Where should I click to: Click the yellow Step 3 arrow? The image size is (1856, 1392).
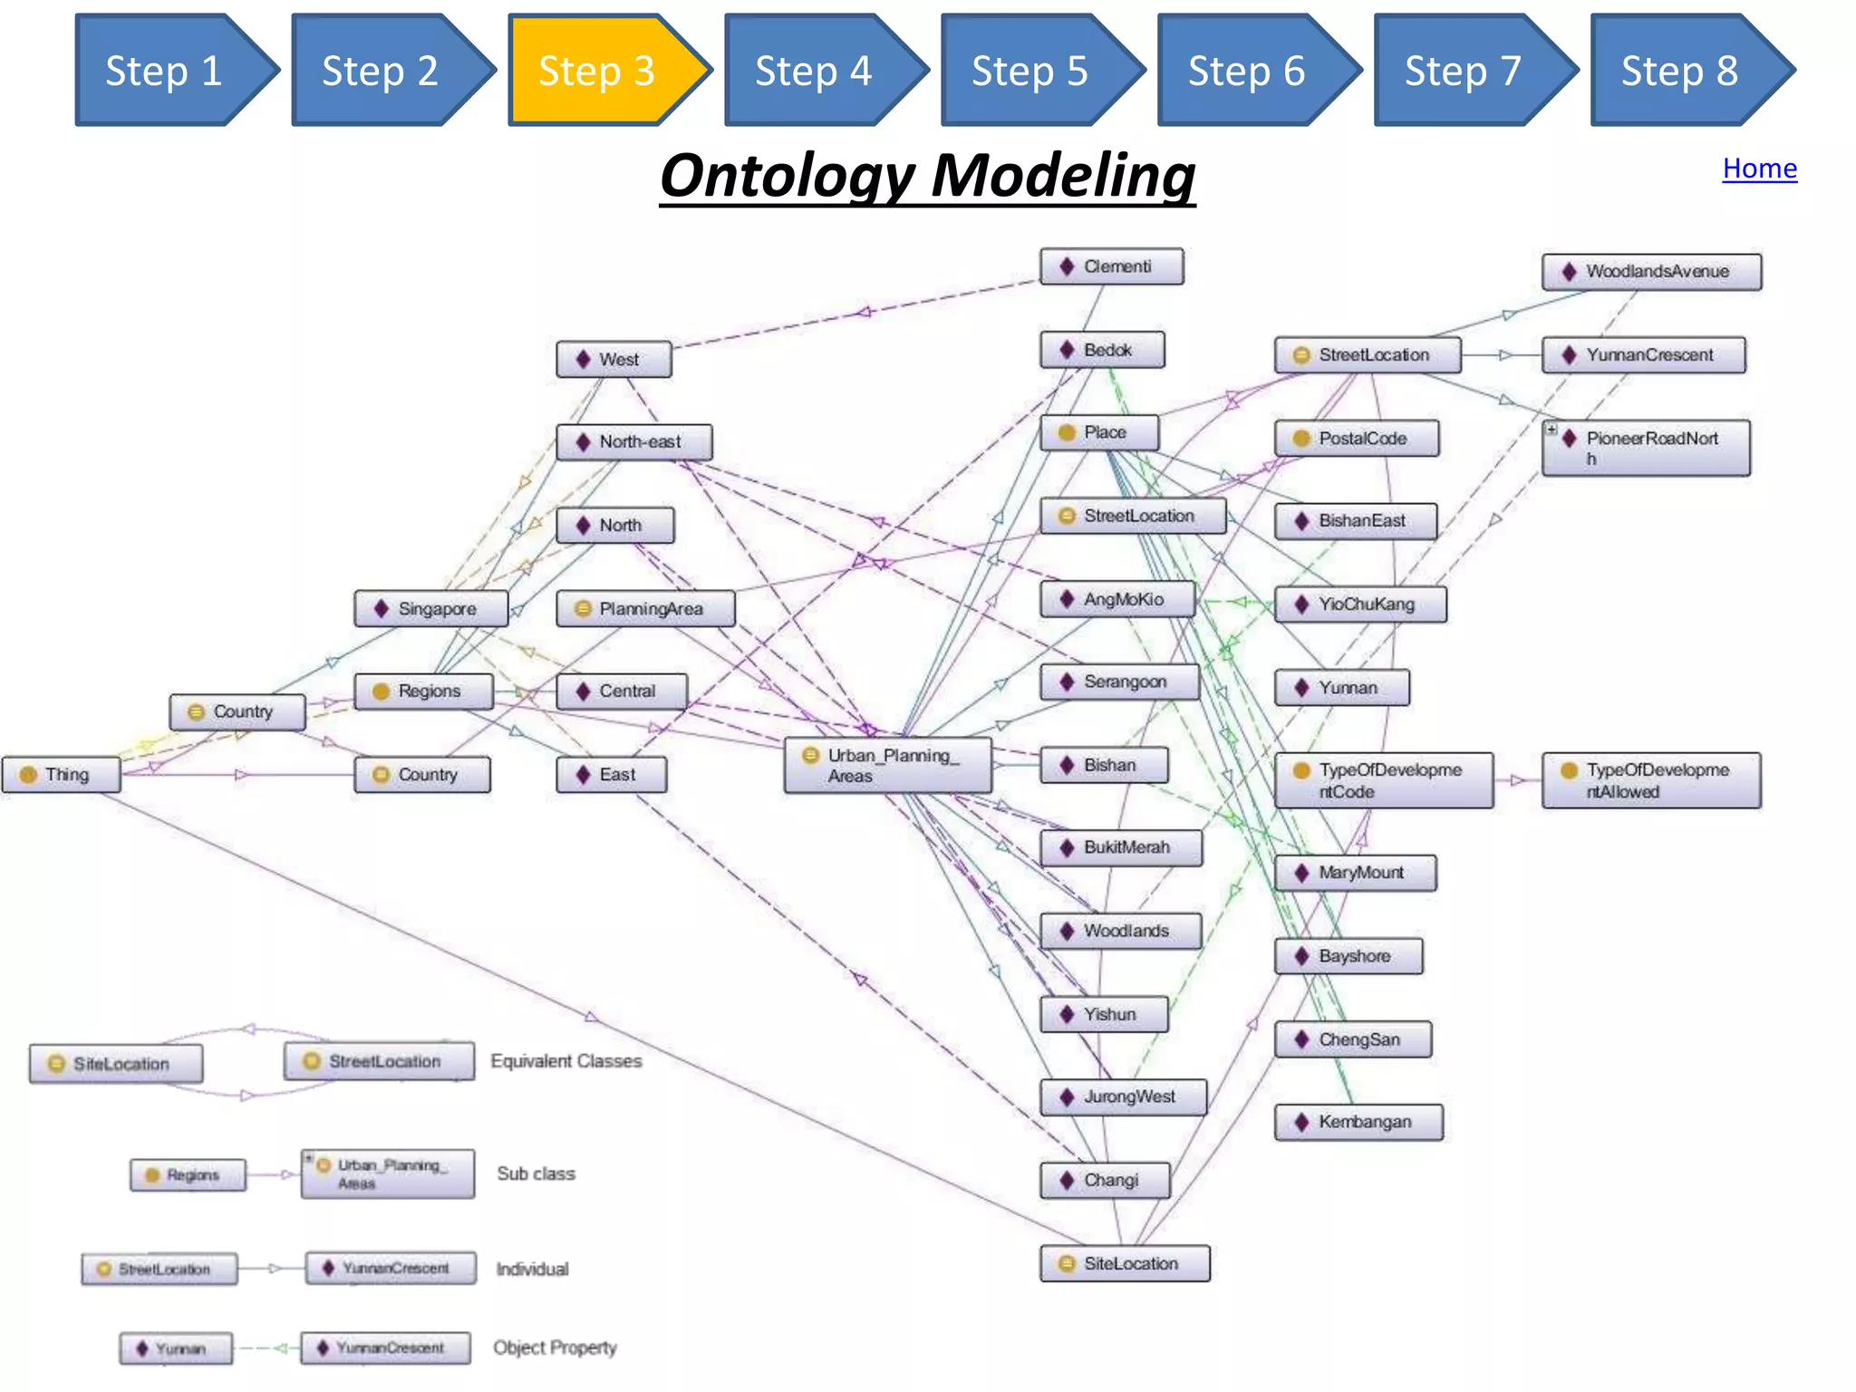[x=598, y=71]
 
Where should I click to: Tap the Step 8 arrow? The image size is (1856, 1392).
[x=1681, y=71]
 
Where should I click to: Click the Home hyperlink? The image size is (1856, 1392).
[x=1759, y=169]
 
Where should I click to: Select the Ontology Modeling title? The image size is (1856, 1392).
[x=927, y=176]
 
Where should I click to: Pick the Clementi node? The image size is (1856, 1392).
[x=1112, y=266]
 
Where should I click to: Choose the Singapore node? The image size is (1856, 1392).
[x=431, y=609]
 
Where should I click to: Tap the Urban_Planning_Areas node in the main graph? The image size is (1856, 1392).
[x=888, y=766]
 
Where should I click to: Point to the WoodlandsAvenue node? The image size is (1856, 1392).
[x=1651, y=272]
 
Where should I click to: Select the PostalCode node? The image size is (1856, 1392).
[x=1357, y=439]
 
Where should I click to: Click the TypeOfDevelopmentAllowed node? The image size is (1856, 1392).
[x=1651, y=780]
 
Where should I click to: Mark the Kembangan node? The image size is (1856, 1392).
[x=1358, y=1122]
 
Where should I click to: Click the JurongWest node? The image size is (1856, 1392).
[x=1124, y=1097]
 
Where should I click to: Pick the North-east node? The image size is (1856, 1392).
[x=634, y=442]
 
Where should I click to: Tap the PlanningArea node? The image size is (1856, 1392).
[x=645, y=609]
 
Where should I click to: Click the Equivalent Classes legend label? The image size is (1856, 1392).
[x=566, y=1061]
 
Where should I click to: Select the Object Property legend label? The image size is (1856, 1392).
[x=555, y=1348]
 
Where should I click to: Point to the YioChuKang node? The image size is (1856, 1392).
[x=1360, y=604]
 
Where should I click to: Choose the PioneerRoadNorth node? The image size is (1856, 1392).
[x=1647, y=448]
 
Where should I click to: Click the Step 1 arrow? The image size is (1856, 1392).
[x=165, y=71]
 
